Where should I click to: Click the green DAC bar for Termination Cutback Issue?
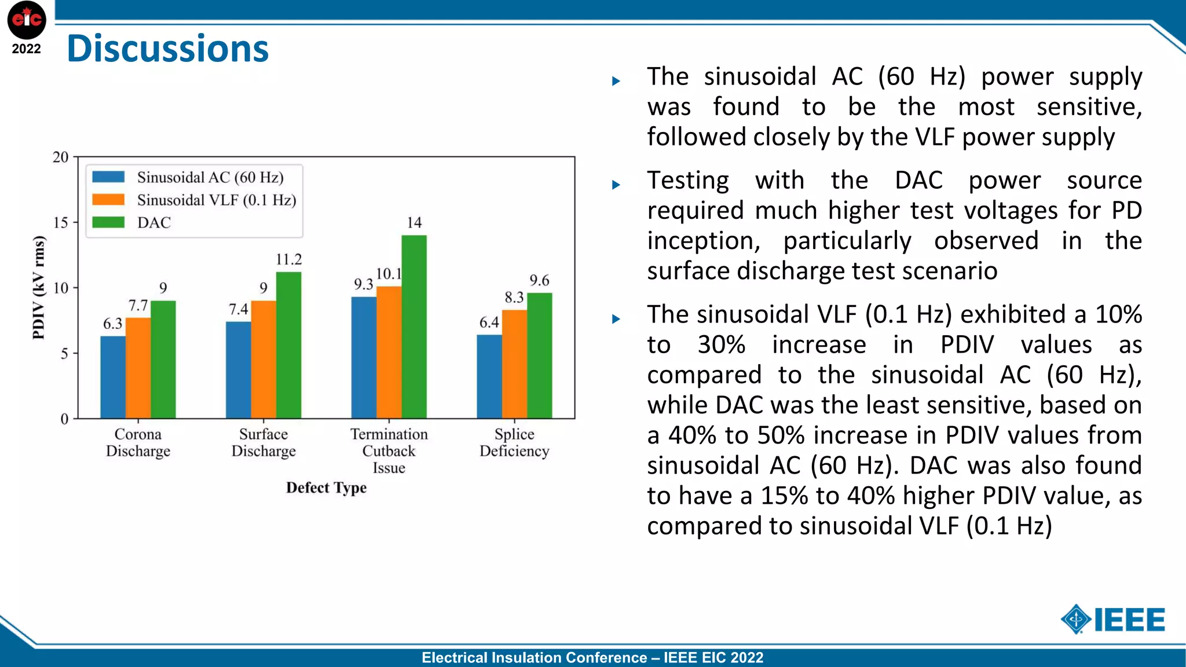[x=414, y=327]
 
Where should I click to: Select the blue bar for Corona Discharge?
[x=113, y=377]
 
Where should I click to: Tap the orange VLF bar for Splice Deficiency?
[x=514, y=364]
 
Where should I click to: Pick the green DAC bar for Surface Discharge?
[x=288, y=345]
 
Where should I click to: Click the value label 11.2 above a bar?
[x=288, y=259]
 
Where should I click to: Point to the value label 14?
[x=414, y=223]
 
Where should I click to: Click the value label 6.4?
[x=489, y=323]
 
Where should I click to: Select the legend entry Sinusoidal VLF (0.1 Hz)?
[x=216, y=200]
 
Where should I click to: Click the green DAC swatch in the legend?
[x=108, y=222]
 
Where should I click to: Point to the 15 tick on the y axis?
[x=61, y=223]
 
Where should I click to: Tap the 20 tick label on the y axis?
[x=61, y=157]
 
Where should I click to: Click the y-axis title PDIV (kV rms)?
[x=38, y=287]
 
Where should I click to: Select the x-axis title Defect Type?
[x=326, y=488]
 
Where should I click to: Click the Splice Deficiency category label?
[x=514, y=442]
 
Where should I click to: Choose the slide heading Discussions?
[x=168, y=49]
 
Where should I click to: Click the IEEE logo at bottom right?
[x=1112, y=620]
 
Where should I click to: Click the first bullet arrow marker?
[x=616, y=82]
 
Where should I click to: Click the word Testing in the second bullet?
[x=688, y=181]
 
